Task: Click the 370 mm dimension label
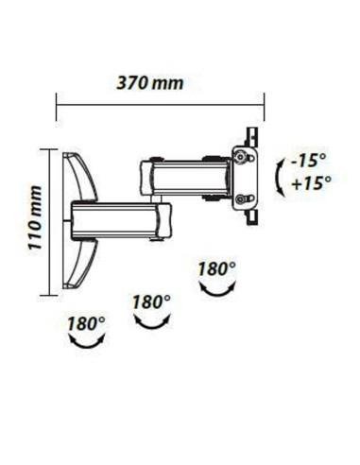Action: pos(150,83)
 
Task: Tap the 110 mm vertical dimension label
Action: pos(34,218)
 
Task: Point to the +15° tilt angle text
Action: pos(312,183)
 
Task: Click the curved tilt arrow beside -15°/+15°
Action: pos(279,179)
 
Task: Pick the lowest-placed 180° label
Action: pos(86,323)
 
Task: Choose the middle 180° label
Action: pos(151,301)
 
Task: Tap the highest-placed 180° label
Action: pos(216,268)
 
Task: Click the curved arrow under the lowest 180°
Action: pos(87,344)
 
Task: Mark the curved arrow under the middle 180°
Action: pos(153,323)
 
